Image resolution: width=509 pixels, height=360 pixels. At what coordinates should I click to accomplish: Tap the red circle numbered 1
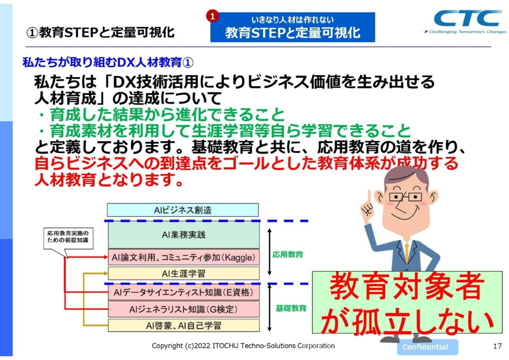coord(212,16)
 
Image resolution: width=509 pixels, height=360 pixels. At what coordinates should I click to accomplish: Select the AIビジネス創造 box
coord(183,210)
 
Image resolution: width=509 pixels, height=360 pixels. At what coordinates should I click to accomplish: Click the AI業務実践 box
coord(183,235)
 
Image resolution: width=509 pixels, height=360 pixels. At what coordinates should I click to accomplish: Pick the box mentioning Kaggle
coord(183,258)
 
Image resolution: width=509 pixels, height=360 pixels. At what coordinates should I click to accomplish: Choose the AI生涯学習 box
coord(183,273)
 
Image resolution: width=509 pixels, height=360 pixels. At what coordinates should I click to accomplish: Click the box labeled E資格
coord(183,292)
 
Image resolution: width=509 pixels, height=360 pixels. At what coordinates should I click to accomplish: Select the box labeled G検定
coord(183,309)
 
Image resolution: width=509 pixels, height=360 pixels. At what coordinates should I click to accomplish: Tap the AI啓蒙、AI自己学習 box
coord(183,325)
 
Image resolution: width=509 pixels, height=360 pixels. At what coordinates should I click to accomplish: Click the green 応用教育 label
coord(288,255)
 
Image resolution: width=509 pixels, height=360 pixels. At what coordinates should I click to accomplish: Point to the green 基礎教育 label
coord(291,308)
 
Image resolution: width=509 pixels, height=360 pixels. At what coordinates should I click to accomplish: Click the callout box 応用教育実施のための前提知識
coord(68,238)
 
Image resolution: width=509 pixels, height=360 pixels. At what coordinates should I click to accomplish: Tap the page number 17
coord(497,347)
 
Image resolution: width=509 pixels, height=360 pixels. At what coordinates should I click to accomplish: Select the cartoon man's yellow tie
coord(407,252)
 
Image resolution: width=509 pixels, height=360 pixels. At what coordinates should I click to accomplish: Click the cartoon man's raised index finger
coord(369,197)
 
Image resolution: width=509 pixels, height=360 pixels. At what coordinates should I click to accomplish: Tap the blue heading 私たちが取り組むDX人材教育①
coord(108,62)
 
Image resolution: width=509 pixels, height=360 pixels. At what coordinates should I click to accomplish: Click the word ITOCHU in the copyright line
coord(226,346)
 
